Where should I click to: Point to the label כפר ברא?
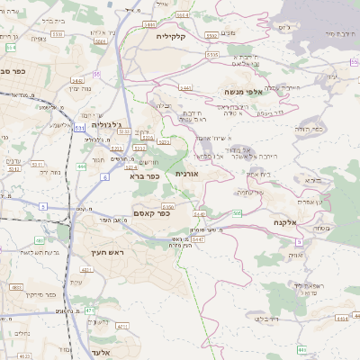pyautogui.click(x=144, y=176)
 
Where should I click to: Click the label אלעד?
pyautogui.click(x=100, y=352)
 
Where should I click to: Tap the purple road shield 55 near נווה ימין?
pyautogui.click(x=96, y=74)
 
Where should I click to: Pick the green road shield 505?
pyautogui.click(x=238, y=213)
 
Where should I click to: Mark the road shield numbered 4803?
pyautogui.click(x=15, y=287)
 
